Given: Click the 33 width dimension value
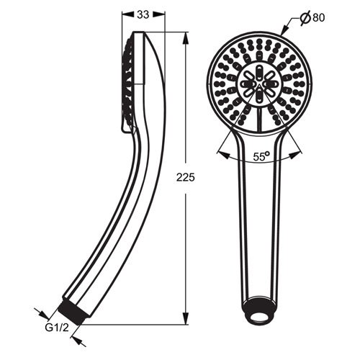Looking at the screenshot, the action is (143, 15).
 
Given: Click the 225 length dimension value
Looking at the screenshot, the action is (186, 178).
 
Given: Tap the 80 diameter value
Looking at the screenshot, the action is (318, 17).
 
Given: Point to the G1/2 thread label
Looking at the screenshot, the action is (57, 328).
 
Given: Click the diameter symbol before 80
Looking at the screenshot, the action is (305, 17).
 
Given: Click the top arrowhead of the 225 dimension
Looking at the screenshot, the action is (186, 38).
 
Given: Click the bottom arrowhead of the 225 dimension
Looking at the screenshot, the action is (186, 318).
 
